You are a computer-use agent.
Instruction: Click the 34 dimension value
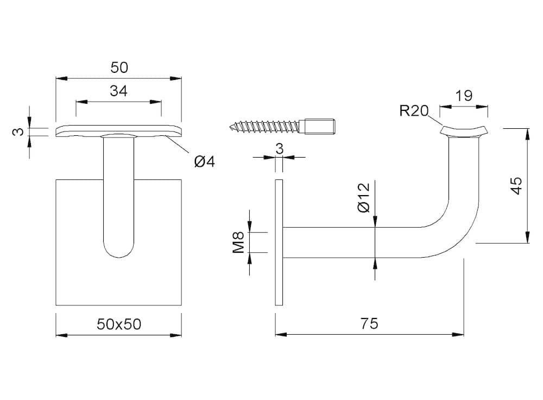119,91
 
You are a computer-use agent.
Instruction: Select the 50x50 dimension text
119,324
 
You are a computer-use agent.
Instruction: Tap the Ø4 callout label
204,161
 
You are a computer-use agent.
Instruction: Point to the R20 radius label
414,110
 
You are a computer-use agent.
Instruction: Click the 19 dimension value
464,95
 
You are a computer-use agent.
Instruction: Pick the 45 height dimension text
516,186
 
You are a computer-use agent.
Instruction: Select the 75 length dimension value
369,323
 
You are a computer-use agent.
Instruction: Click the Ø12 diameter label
363,198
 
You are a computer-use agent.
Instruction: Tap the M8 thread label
238,242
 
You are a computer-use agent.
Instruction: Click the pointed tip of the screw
230,126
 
